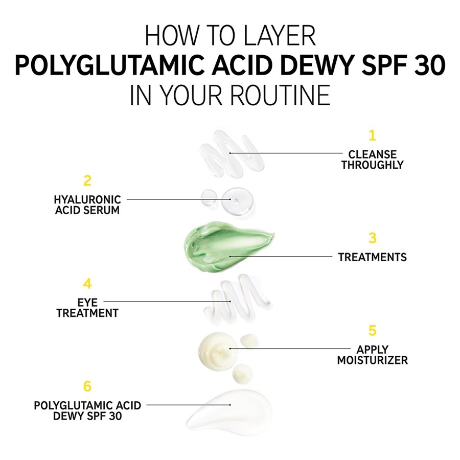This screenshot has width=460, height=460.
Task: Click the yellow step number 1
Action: pyautogui.click(x=372, y=135)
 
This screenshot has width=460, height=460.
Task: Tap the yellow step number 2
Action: pyautogui.click(x=87, y=181)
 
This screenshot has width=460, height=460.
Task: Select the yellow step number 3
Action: pyautogui.click(x=372, y=238)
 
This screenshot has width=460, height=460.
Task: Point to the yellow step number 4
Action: pyautogui.click(x=87, y=284)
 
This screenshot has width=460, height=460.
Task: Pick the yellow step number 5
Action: pyautogui.click(x=372, y=330)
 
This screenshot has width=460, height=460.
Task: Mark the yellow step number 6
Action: pyautogui.click(x=87, y=386)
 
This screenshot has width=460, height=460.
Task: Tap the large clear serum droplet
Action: pyautogui.click(x=238, y=201)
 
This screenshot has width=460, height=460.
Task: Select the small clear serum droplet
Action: pyautogui.click(x=209, y=197)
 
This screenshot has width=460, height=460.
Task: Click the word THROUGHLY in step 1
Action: pyautogui.click(x=372, y=165)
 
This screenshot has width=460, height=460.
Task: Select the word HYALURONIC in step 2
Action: pyautogui.click(x=87, y=200)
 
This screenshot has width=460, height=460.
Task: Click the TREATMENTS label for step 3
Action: pyautogui.click(x=372, y=257)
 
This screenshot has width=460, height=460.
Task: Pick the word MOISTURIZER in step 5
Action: pyautogui.click(x=372, y=360)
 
